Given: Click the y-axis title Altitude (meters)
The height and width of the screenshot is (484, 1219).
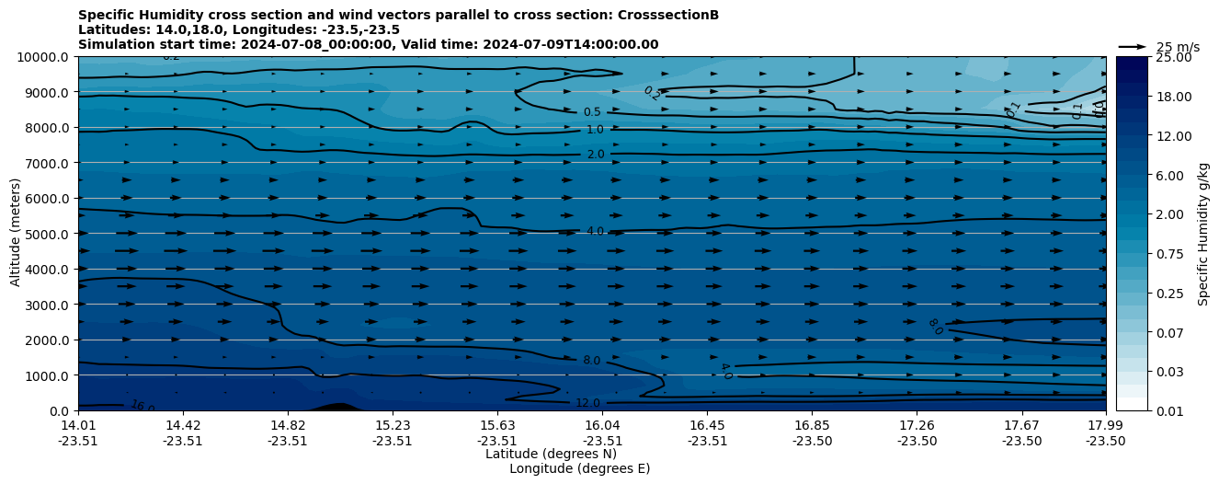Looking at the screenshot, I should [x=16, y=234].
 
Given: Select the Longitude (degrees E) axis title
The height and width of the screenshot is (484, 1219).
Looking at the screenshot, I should [x=579, y=468].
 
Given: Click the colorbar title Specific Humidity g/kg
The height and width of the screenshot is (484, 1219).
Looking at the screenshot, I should [x=1203, y=234].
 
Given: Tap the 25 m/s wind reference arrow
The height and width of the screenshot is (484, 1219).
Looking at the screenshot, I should [x=1132, y=47].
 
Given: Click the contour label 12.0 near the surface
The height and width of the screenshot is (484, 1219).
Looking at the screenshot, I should [x=587, y=403].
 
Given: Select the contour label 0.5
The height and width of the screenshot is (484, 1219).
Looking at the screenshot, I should [x=592, y=112].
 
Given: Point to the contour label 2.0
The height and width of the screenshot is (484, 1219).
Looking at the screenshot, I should [x=596, y=155].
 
